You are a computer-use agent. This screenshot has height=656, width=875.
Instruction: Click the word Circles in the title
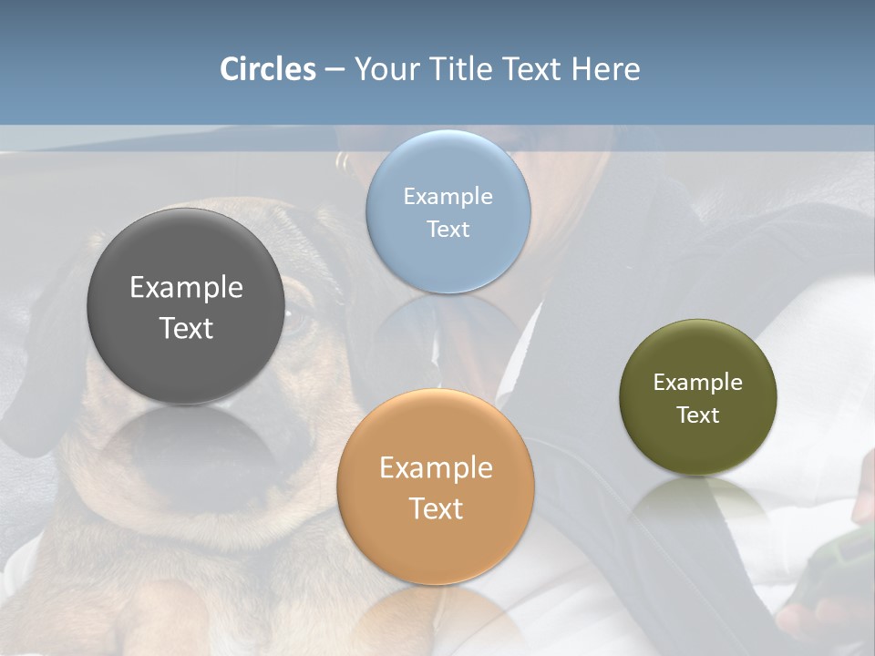268,69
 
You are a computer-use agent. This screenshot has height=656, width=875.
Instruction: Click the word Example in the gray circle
186,288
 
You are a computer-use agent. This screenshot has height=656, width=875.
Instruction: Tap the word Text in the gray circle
186,328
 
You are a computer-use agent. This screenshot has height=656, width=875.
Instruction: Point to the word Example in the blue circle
448,197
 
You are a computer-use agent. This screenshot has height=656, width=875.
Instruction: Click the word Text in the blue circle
448,229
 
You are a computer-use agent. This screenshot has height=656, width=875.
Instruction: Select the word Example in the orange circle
436,468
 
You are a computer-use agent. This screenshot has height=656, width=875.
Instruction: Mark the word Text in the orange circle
436,508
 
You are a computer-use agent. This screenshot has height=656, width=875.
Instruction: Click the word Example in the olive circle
697,383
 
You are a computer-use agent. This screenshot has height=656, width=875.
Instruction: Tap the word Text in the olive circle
697,415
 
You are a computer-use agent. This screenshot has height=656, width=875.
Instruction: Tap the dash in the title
335,70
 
